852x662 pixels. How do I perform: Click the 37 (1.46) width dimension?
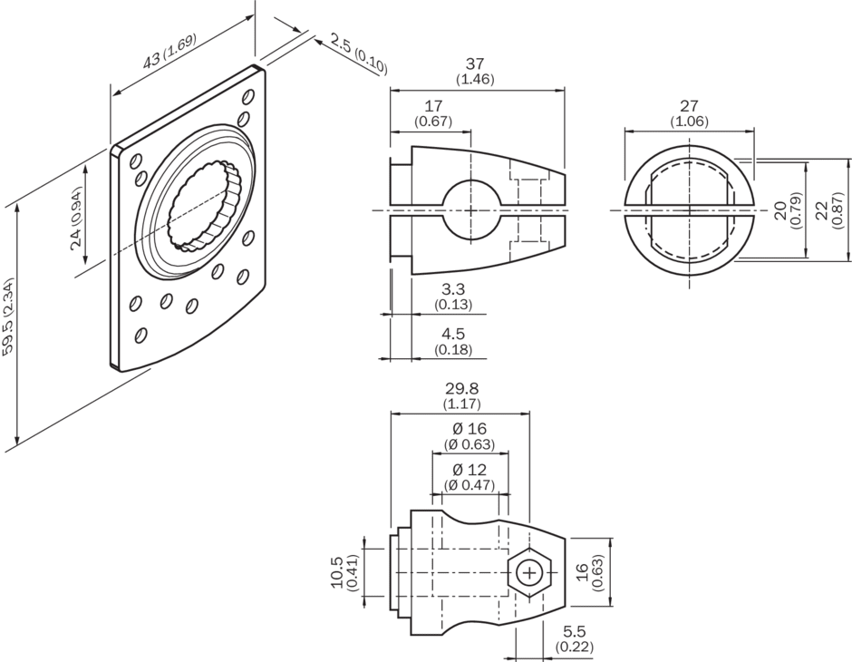(476, 71)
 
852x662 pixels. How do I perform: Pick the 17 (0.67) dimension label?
(432, 113)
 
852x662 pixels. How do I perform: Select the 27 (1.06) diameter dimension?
(689, 113)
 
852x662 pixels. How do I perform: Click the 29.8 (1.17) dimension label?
(461, 395)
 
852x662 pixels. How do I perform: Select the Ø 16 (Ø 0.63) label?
(470, 435)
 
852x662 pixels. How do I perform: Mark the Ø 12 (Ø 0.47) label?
(470, 477)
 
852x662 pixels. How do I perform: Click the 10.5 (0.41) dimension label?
(342, 574)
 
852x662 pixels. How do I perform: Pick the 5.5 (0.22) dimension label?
(573, 637)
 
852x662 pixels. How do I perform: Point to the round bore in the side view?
(470, 211)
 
